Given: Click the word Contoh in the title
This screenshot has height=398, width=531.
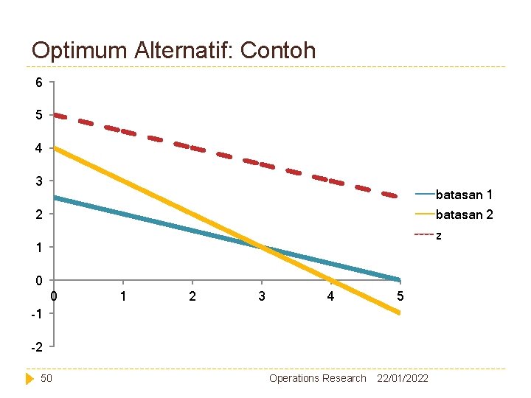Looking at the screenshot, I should [x=277, y=50].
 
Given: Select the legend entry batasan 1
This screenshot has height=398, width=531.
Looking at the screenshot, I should [x=464, y=195].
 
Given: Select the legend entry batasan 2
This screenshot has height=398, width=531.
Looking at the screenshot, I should [x=464, y=214].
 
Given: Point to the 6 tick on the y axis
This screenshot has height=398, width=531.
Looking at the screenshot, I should [x=39, y=83].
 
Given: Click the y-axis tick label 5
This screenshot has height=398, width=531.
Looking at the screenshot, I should [x=39, y=116].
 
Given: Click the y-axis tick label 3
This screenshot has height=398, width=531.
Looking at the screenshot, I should [x=39, y=181].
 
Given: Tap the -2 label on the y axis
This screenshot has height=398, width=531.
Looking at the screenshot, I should [x=37, y=346].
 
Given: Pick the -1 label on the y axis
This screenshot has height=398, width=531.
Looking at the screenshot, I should [x=37, y=313].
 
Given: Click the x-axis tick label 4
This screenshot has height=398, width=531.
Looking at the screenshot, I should [x=330, y=296].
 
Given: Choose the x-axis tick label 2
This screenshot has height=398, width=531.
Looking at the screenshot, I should [x=192, y=296].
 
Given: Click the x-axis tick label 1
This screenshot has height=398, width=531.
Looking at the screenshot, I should [x=123, y=296].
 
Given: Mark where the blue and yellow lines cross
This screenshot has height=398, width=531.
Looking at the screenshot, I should [x=262, y=247].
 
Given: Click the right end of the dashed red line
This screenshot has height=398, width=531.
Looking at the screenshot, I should [x=398, y=197].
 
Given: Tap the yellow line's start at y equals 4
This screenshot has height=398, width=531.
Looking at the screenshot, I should [x=55, y=148].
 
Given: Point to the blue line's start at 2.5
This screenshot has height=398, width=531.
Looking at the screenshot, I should [x=55, y=198].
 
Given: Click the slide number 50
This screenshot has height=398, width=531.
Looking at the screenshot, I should [x=46, y=378].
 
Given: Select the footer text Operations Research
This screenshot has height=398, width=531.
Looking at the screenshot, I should [x=317, y=378].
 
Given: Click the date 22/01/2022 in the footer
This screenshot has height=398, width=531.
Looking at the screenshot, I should [x=403, y=378].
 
